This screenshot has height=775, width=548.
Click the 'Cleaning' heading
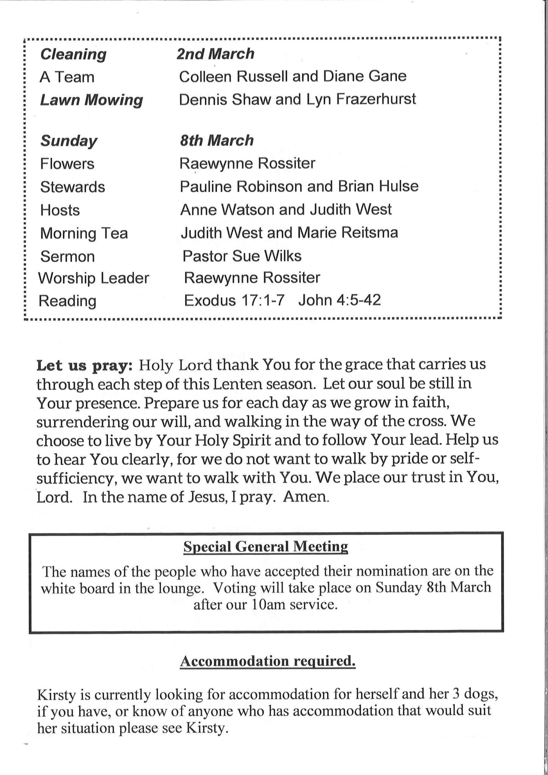point(73,54)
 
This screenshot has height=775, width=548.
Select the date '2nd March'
point(215,54)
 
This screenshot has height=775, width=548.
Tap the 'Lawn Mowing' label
point(92,100)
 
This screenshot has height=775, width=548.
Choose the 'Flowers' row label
point(67,164)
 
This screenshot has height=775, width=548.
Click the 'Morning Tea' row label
point(84,233)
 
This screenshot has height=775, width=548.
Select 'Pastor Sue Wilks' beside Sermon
point(242,256)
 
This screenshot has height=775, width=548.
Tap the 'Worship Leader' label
point(94,279)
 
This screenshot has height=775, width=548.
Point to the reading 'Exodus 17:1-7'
point(234,300)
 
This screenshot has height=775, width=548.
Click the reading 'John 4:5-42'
point(339,300)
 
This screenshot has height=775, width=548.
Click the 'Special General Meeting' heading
point(266,547)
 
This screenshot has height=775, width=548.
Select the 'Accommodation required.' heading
point(268,661)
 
